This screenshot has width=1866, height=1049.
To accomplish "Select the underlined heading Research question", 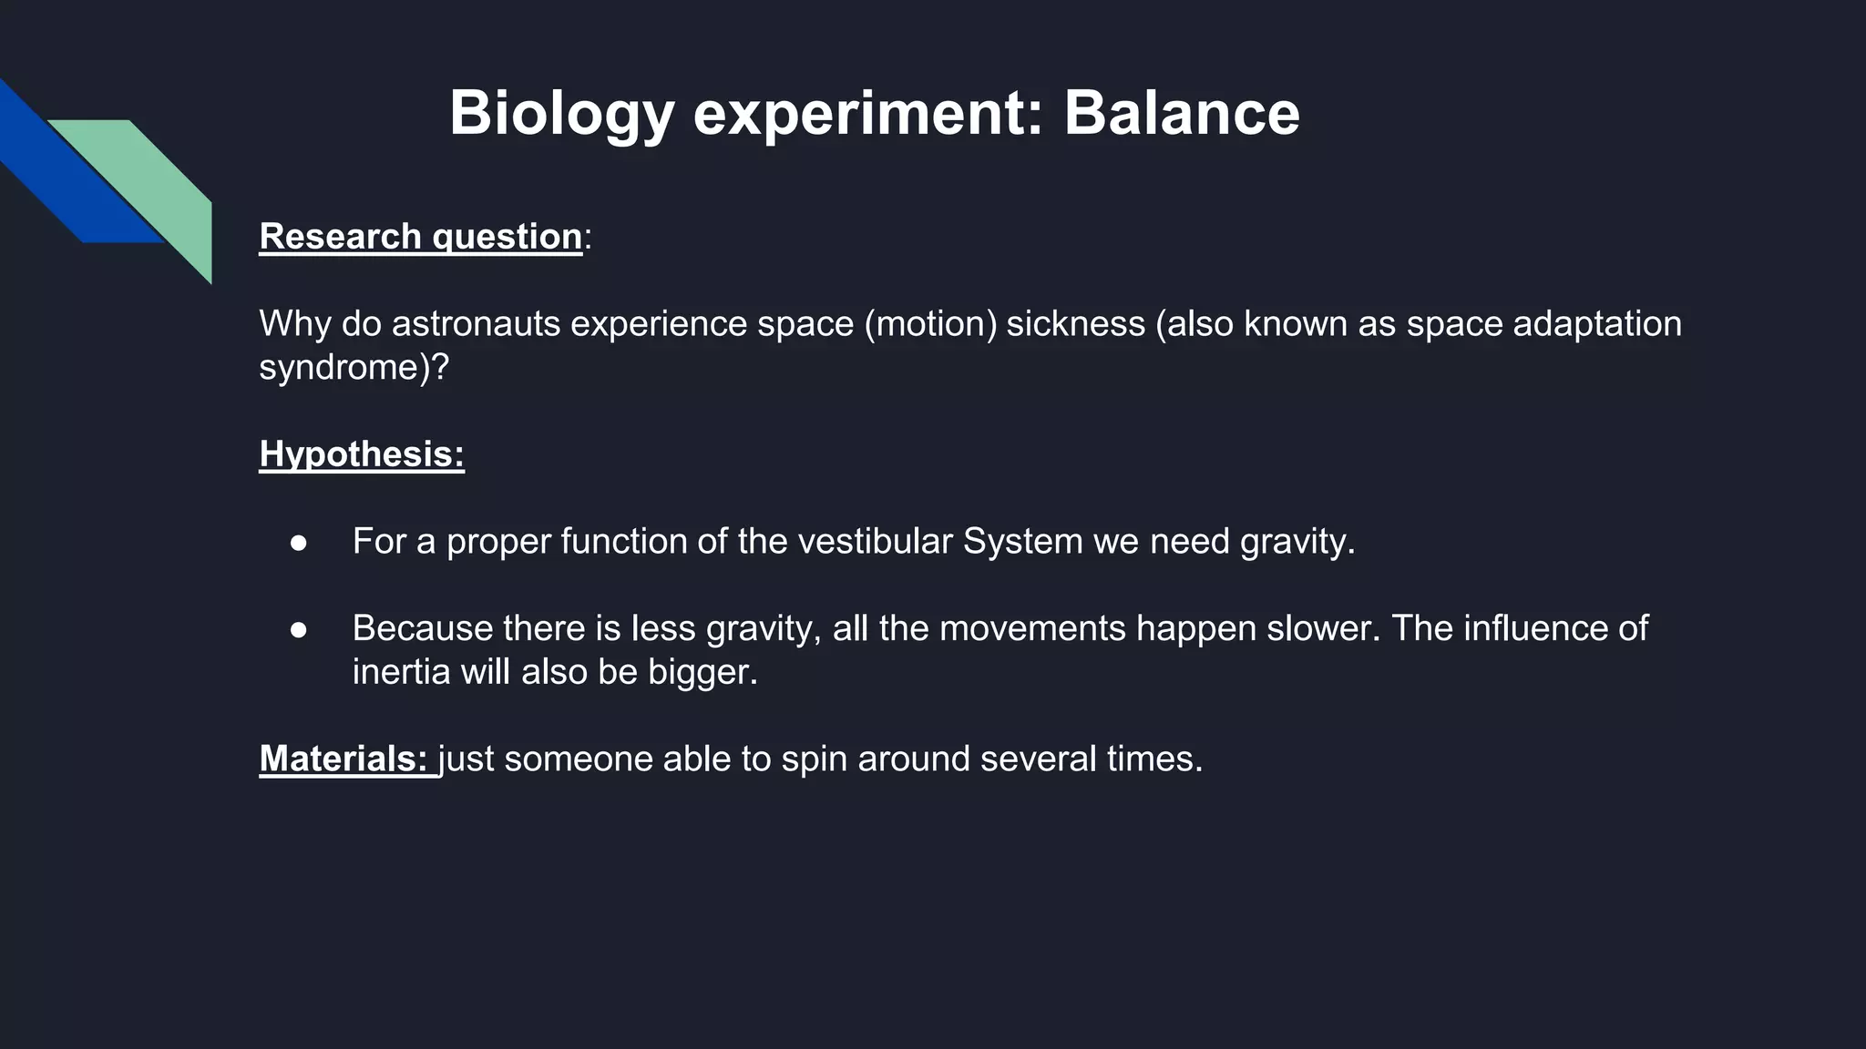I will click(x=420, y=237).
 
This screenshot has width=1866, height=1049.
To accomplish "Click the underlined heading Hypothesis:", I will click(x=362, y=454).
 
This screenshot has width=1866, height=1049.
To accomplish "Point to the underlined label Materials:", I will click(x=343, y=759).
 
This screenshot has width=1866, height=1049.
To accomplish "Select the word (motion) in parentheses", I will click(x=930, y=324).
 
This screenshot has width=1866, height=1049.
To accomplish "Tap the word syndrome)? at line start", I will click(x=354, y=368).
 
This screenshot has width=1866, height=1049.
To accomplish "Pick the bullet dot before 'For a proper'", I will click(x=299, y=543).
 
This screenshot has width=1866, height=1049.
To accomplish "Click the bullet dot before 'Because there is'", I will click(x=299, y=629).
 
